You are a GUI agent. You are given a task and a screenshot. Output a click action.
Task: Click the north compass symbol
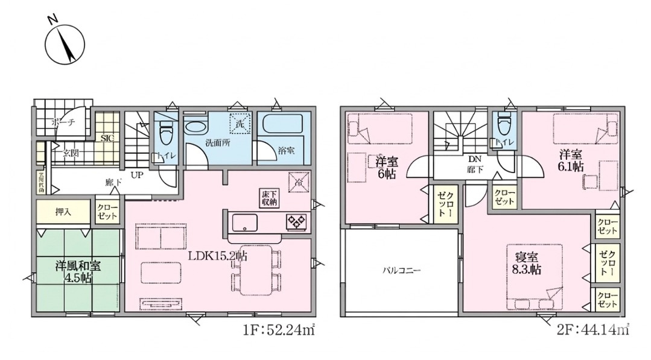65,44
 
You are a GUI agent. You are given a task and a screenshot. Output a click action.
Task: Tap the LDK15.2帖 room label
217,256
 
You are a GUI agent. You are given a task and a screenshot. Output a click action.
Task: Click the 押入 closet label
64,212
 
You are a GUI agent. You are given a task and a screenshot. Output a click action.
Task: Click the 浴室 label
287,151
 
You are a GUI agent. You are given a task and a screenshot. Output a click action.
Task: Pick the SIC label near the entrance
107,138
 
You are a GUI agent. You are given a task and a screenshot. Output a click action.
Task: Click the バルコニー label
401,270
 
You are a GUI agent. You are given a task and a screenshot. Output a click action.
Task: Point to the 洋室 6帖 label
387,167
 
